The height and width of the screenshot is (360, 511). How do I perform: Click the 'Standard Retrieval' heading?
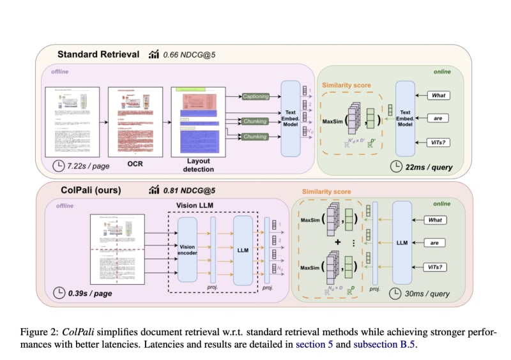coord(98,54)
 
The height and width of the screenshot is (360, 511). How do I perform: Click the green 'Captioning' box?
coord(256,96)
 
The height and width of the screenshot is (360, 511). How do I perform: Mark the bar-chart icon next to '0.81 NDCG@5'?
coord(153,190)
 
